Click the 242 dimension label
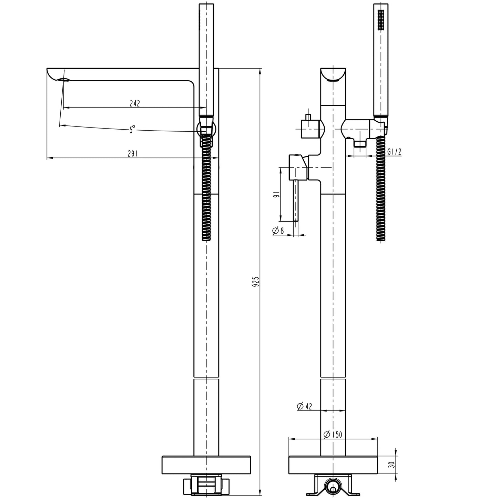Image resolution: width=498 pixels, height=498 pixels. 135,103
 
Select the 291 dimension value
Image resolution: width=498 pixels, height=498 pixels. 132,154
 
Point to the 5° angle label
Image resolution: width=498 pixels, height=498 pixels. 132,130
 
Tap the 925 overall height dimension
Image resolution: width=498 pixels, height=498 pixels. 255,281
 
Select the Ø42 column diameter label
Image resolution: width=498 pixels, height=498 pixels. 304,407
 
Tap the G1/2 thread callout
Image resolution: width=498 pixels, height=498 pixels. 394,152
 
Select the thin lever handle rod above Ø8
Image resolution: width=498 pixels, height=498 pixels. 295,200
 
